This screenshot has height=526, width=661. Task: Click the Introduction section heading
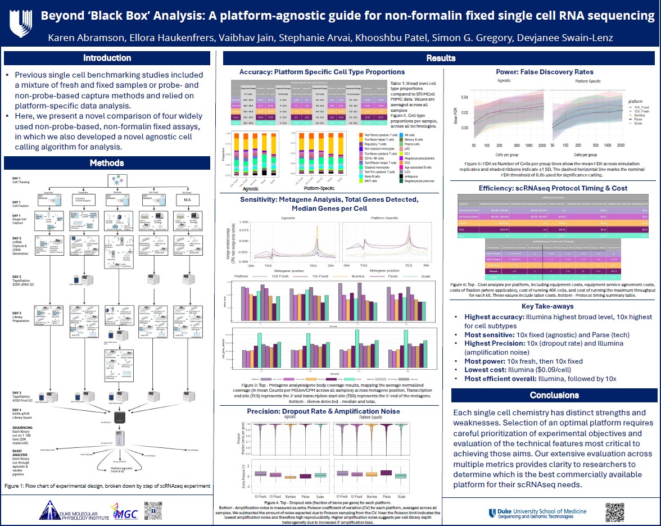(107, 58)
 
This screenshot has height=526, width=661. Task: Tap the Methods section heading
(107, 163)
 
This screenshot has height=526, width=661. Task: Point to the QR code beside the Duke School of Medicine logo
(615, 512)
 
